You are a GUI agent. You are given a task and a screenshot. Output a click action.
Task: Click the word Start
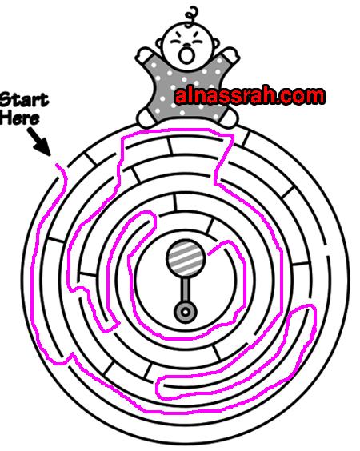pyautogui.click(x=24, y=100)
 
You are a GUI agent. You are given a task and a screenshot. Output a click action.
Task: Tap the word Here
pyautogui.click(x=19, y=118)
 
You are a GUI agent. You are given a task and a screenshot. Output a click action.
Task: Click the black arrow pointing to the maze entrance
pyautogui.click(x=39, y=142)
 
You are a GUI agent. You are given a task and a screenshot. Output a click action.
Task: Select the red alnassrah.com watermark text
pyautogui.click(x=250, y=96)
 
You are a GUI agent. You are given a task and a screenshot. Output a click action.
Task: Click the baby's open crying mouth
pyautogui.click(x=186, y=55)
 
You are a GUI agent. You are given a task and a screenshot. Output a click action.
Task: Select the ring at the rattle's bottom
pyautogui.click(x=186, y=312)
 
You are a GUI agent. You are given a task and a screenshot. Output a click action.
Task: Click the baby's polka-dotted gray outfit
pyautogui.click(x=187, y=90)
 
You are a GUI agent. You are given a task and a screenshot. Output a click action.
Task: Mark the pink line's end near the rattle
pyautogui.click(x=210, y=253)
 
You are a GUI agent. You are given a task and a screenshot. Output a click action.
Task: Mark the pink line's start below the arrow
pyautogui.click(x=58, y=165)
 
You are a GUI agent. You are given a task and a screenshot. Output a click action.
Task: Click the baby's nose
pyautogui.click(x=186, y=46)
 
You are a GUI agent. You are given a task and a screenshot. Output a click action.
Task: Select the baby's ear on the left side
pyautogui.click(x=159, y=44)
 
